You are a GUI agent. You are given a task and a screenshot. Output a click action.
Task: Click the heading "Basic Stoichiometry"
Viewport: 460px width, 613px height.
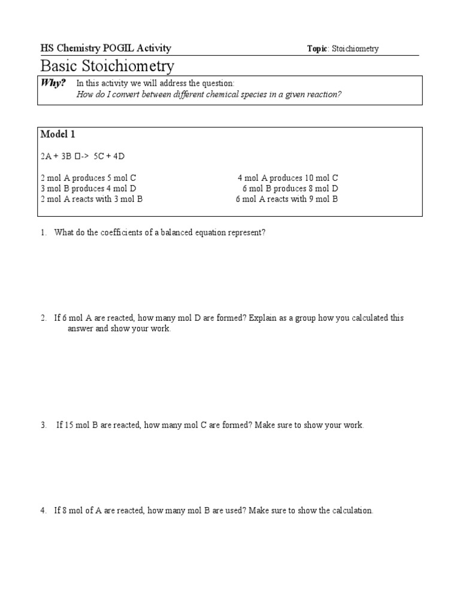(107, 66)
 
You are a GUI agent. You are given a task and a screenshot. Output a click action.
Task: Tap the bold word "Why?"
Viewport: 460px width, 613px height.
(53, 83)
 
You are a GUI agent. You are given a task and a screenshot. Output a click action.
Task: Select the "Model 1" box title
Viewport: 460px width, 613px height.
(57, 134)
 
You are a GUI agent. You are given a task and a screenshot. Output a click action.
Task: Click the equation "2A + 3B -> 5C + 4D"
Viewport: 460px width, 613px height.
(83, 156)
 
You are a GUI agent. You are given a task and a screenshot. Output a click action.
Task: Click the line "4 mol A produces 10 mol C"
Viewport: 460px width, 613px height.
(287, 178)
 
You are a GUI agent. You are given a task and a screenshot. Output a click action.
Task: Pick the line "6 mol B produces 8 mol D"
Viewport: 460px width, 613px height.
(290, 189)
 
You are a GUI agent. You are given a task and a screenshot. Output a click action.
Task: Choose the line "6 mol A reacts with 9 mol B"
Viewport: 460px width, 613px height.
(287, 199)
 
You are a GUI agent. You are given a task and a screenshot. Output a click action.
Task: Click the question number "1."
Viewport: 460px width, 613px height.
(44, 233)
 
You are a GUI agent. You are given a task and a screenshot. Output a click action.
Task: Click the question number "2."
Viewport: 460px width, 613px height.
(44, 318)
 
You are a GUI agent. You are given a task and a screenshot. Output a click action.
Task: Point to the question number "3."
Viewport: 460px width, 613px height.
(44, 426)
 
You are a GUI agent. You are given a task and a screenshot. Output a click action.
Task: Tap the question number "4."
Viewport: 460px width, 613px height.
(44, 511)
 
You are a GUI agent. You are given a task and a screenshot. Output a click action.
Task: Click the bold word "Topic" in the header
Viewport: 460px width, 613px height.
(317, 49)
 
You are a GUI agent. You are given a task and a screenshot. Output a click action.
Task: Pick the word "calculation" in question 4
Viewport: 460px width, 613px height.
(352, 511)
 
